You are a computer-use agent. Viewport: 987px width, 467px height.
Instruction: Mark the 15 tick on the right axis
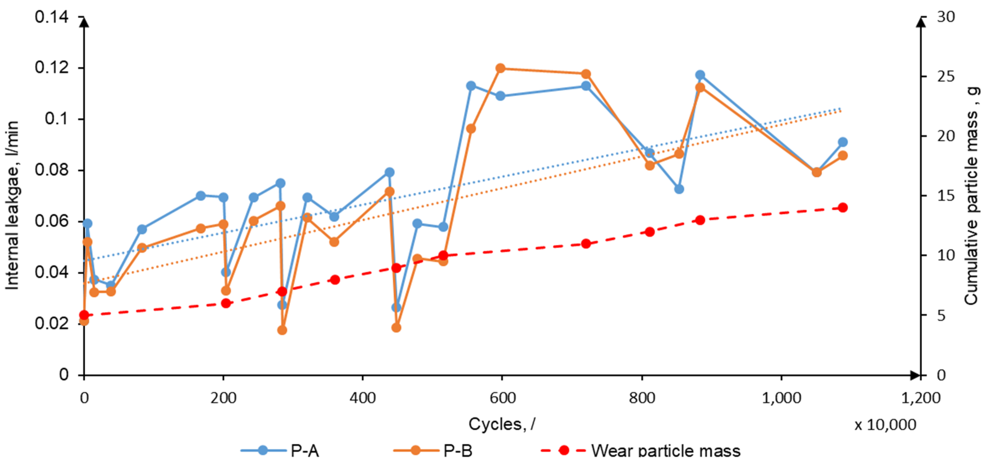point(946,196)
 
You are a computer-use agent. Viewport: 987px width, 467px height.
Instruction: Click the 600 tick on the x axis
point(502,398)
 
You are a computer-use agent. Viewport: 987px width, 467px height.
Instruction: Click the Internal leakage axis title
point(12,205)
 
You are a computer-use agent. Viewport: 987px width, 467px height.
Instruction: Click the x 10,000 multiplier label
point(885,425)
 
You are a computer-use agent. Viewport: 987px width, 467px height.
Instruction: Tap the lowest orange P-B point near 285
point(282,330)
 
